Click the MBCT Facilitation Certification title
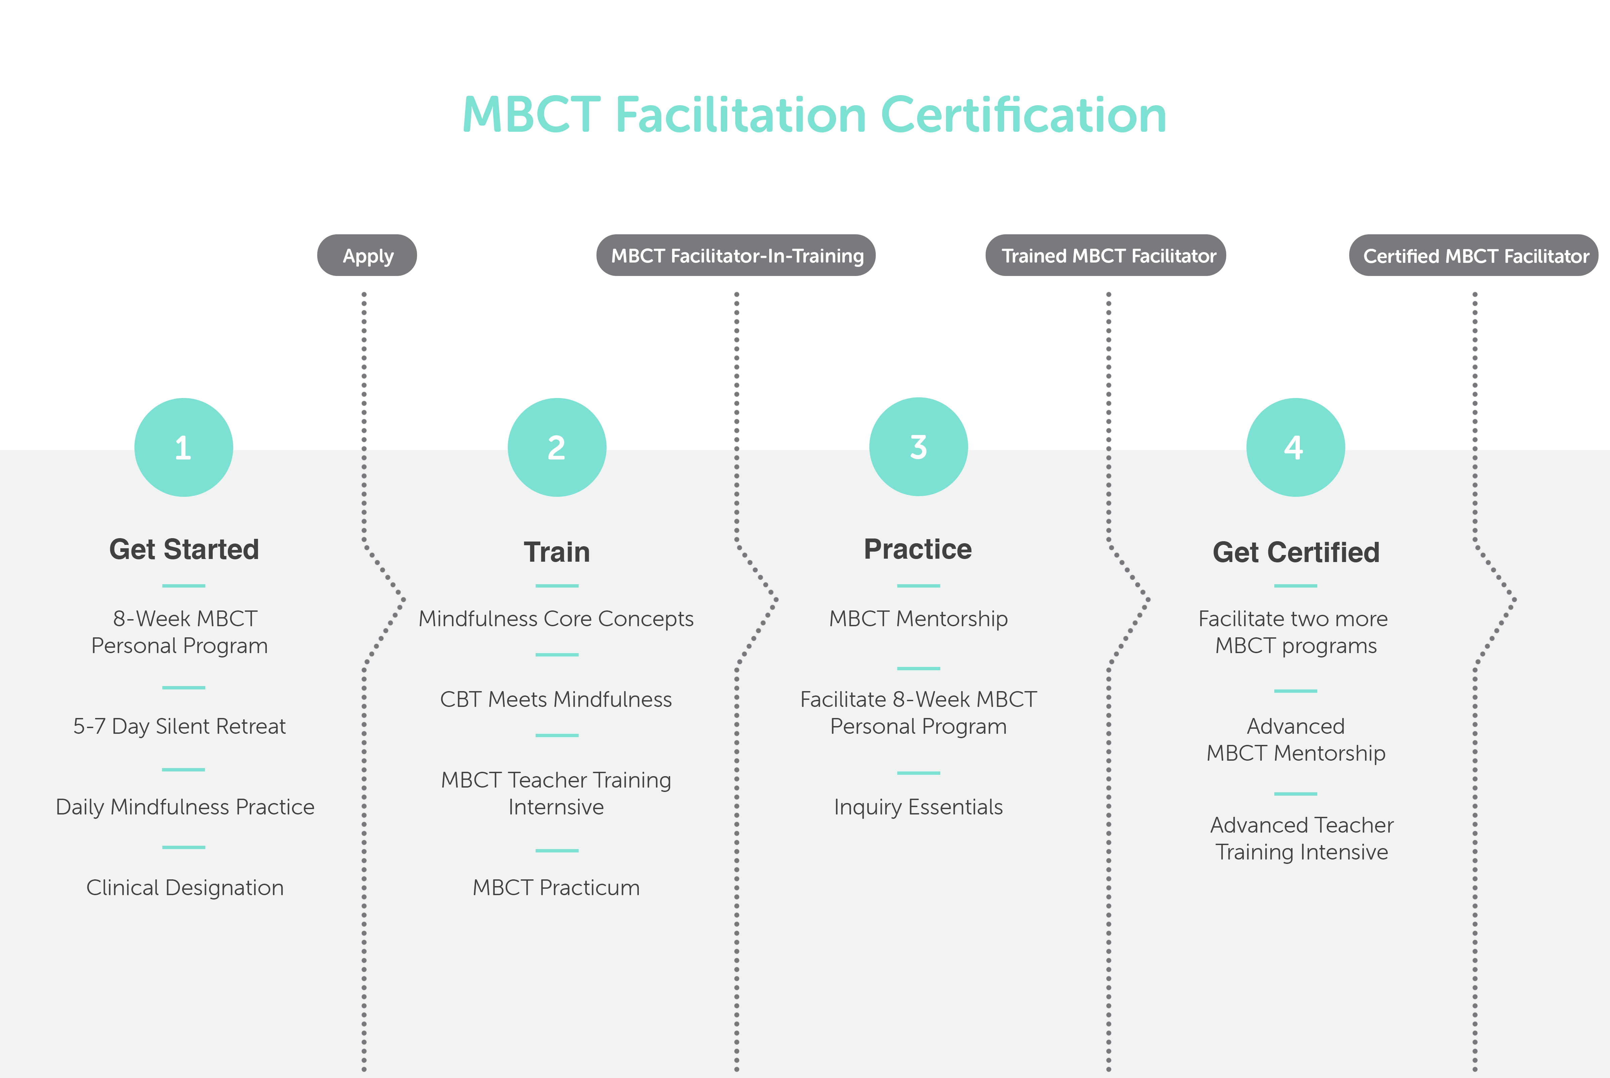coord(814,115)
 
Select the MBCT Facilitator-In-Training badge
coord(736,255)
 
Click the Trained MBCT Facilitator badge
coord(1106,255)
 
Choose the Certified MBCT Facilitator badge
coord(1474,255)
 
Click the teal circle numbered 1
coord(183,447)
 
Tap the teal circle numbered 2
coord(556,447)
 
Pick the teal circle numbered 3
coord(919,447)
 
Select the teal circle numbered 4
coord(1295,447)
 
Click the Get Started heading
coord(184,549)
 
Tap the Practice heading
coord(918,549)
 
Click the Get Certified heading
coord(1296,552)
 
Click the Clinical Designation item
coord(185,887)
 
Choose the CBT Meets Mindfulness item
coord(556,699)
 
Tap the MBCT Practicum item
coord(556,887)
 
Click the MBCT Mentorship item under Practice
coord(919,619)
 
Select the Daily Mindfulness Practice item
coord(185,806)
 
